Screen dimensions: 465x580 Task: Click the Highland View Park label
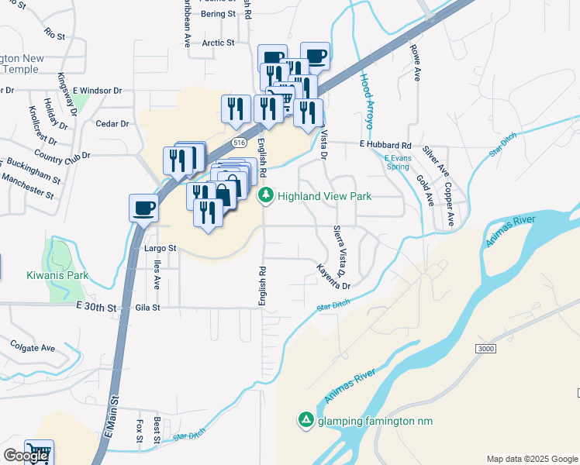pyautogui.click(x=325, y=196)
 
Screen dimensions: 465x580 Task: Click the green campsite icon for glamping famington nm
pyautogui.click(x=306, y=420)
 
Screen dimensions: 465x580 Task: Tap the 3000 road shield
pyautogui.click(x=485, y=350)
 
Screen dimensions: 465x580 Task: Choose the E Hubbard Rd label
pyautogui.click(x=385, y=145)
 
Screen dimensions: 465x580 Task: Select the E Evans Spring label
pyautogui.click(x=397, y=162)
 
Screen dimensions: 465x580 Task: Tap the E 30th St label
pyautogui.click(x=96, y=308)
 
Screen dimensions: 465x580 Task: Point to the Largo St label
pyautogui.click(x=161, y=249)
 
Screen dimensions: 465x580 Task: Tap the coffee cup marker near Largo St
pyautogui.click(x=144, y=208)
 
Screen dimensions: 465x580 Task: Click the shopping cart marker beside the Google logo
pyautogui.click(x=38, y=452)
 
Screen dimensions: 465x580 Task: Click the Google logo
pyautogui.click(x=25, y=456)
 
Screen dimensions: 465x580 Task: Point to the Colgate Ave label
pyautogui.click(x=32, y=346)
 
